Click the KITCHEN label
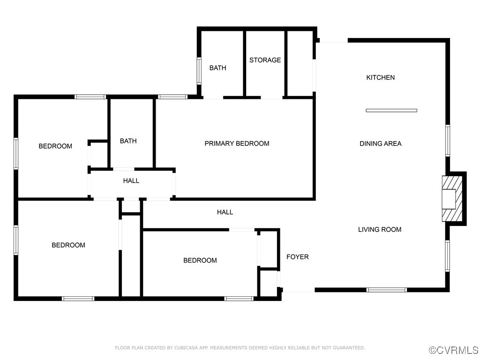pos(380,77)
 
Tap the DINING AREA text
pos(380,143)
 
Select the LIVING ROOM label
pos(380,229)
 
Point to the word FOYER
pos(297,257)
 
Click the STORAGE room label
pos(265,60)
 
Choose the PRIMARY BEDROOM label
pos(237,143)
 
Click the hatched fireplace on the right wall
pos(452,198)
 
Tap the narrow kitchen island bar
pos(391,111)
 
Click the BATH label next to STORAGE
pos(217,68)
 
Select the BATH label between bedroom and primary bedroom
pos(128,141)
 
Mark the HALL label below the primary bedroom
pos(225,212)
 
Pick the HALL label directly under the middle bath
pos(131,180)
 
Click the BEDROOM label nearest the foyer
pos(200,260)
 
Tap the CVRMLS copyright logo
pos(454,350)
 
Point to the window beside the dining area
pos(448,140)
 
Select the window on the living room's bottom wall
pos(386,290)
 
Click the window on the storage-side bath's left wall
pos(199,71)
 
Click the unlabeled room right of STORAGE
pos(300,63)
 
